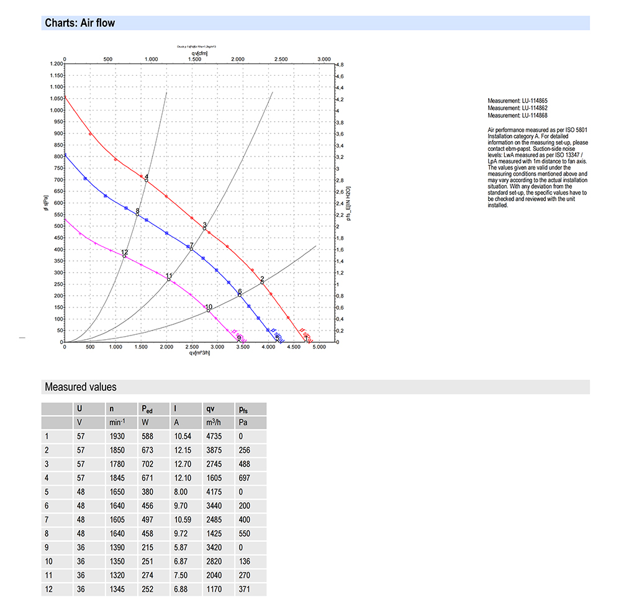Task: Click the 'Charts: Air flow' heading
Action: [x=79, y=24]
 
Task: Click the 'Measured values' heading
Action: [x=80, y=387]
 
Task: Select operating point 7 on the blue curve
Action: [x=191, y=249]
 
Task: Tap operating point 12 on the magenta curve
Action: [x=124, y=256]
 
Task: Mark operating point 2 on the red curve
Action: [x=262, y=283]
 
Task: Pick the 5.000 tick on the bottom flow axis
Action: [x=319, y=347]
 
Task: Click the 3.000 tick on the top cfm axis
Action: [x=324, y=59]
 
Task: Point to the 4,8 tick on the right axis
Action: [x=340, y=65]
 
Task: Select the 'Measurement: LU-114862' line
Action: [x=517, y=108]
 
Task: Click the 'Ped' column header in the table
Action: [x=147, y=409]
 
